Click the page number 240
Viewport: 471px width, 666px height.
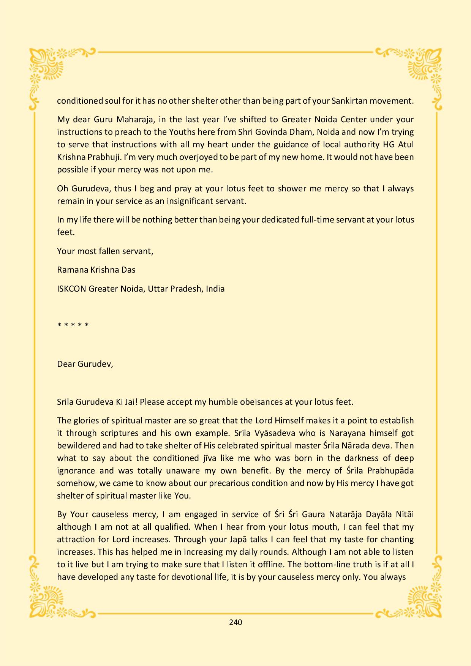pos(235,622)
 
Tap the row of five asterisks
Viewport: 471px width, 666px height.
pos(73,325)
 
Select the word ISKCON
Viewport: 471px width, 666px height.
pos(71,289)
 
